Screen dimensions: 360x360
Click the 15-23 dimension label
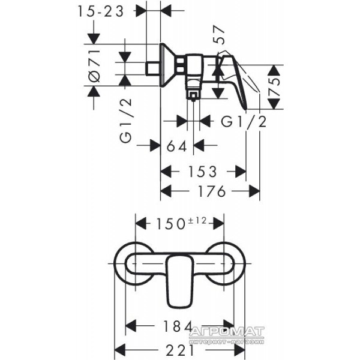click(x=101, y=11)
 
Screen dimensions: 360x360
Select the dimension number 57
click(x=218, y=34)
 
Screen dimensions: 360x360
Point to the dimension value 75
click(x=274, y=87)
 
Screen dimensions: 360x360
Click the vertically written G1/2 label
click(x=126, y=121)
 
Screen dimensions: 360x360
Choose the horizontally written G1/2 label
click(x=244, y=121)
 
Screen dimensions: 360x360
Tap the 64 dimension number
click(x=177, y=146)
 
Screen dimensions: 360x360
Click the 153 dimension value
click(x=203, y=172)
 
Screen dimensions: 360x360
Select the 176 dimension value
click(x=212, y=191)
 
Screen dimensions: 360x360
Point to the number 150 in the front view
click(x=170, y=224)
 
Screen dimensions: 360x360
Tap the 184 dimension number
click(x=177, y=326)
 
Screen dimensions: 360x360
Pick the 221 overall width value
click(x=180, y=350)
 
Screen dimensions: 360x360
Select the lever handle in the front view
click(x=179, y=281)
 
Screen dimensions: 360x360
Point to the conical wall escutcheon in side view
click(x=167, y=65)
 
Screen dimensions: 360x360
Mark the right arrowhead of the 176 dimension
click(x=254, y=191)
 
